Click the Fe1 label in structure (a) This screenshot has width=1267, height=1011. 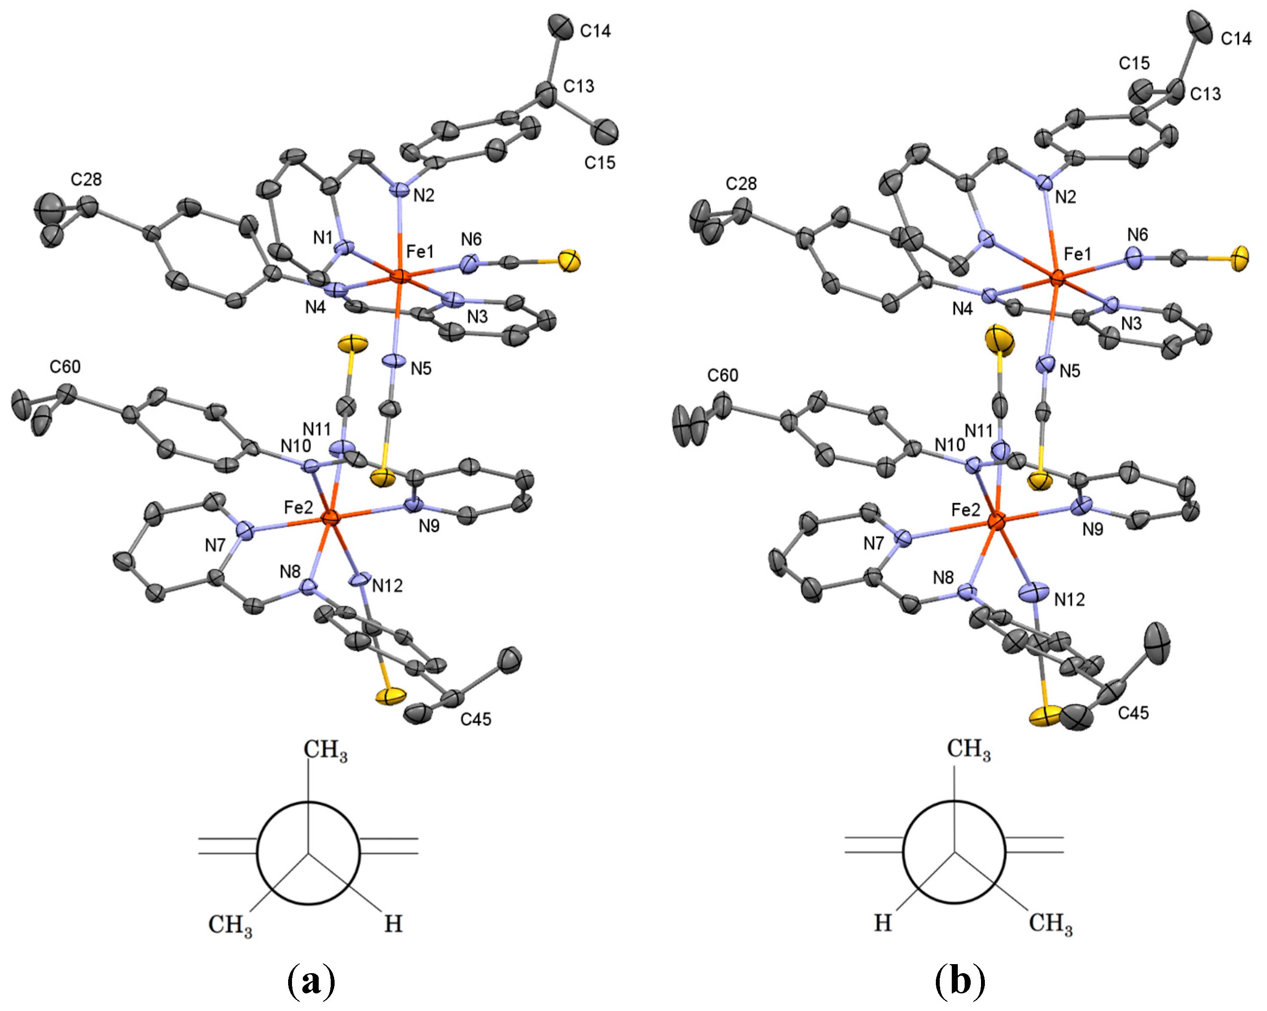[x=420, y=252]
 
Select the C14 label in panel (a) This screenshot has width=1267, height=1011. [x=595, y=31]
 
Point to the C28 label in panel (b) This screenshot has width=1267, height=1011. [x=741, y=184]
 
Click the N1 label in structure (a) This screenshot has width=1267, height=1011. [x=323, y=238]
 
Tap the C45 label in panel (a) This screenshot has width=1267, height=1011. [x=475, y=719]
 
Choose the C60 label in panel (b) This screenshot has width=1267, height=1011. [x=722, y=375]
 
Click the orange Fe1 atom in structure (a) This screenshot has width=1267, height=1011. [x=399, y=276]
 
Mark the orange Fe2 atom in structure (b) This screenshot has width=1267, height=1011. [x=996, y=520]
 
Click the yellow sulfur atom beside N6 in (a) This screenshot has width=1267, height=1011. [x=569, y=260]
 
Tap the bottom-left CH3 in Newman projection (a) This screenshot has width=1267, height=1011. [x=231, y=925]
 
